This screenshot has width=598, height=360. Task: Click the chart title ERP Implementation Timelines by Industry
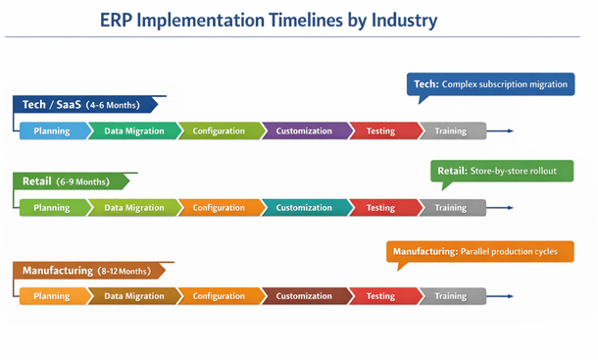pos(270,20)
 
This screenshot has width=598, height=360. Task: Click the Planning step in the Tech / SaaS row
pos(52,130)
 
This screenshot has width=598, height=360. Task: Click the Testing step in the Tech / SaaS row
pos(380,130)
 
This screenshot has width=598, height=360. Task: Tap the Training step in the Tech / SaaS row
pos(451,130)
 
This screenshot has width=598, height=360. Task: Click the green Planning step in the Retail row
pos(52,207)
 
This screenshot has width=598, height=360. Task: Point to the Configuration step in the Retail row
pos(219,207)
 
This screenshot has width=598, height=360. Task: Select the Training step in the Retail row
pos(451,207)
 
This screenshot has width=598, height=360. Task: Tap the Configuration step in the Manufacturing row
pos(219,295)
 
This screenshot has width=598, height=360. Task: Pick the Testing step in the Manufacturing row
pos(380,295)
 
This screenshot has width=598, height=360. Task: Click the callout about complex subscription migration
pos(490,84)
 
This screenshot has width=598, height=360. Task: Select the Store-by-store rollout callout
pos(501,171)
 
